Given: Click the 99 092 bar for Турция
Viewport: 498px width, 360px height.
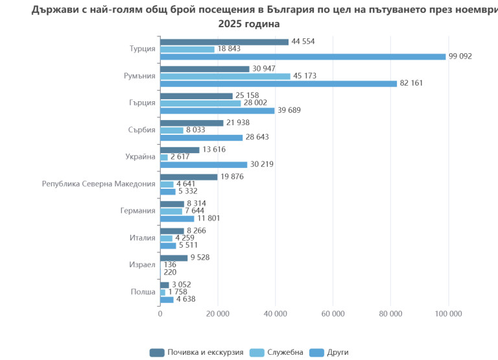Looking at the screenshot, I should [303, 56].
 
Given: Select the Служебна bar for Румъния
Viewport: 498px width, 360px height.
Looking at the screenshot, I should [225, 76].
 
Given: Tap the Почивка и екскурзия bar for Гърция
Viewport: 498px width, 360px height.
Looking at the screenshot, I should [196, 96].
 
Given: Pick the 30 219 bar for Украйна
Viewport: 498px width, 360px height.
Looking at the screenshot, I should [204, 164].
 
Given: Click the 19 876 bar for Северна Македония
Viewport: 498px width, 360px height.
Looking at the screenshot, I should [189, 176].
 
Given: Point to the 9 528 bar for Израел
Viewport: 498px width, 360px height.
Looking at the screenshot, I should [174, 258].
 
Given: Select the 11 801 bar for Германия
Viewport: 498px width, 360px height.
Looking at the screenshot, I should [177, 219].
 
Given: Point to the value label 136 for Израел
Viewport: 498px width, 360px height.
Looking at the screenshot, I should [170, 265].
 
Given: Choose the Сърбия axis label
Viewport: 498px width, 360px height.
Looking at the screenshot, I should [142, 130].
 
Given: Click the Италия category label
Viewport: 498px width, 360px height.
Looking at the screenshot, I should [143, 238].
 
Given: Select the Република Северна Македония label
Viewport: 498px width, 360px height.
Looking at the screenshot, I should [99, 184].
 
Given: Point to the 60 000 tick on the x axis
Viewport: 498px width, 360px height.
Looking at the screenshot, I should [333, 314].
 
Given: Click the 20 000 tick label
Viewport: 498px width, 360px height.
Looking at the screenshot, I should [217, 314].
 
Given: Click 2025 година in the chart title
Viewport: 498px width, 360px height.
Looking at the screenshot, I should [249, 24].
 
